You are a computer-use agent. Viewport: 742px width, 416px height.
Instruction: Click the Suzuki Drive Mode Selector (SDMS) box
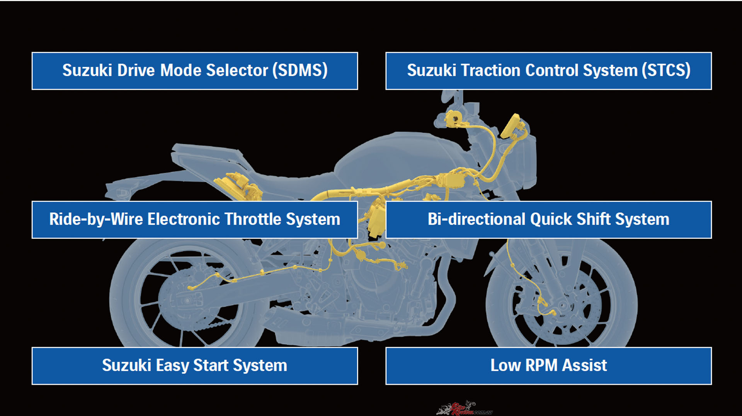(195, 71)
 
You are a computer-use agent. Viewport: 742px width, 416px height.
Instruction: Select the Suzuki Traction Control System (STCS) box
(548, 71)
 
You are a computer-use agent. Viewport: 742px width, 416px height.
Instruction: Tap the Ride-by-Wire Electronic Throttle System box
(195, 220)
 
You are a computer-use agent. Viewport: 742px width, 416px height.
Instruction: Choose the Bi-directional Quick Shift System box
(548, 220)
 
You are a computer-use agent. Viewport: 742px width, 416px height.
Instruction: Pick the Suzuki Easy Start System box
(195, 366)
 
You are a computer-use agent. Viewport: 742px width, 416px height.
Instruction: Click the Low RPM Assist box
(548, 366)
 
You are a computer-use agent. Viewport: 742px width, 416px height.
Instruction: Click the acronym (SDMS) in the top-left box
(300, 71)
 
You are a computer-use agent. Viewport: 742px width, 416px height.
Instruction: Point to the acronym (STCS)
(666, 71)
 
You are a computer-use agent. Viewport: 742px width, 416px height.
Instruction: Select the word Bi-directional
(477, 220)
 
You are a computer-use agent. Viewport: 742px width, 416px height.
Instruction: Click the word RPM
(541, 365)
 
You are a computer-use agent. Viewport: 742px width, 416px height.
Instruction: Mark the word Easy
(172, 366)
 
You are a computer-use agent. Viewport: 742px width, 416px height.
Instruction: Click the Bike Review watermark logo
(464, 408)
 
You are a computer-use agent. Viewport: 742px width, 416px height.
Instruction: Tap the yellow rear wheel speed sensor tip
(190, 288)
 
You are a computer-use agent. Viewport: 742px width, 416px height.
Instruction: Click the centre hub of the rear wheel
(187, 300)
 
